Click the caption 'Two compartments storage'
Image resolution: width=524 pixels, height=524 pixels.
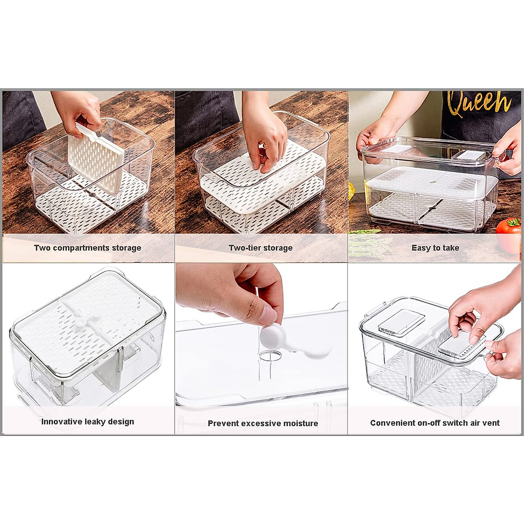(87, 248)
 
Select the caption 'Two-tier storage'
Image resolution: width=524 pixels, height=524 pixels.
(261, 248)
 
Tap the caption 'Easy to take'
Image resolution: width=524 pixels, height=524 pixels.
(435, 248)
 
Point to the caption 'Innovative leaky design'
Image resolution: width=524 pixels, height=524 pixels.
(87, 422)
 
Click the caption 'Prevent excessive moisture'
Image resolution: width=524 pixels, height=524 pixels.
(262, 423)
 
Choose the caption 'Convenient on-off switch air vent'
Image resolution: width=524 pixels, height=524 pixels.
(434, 423)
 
